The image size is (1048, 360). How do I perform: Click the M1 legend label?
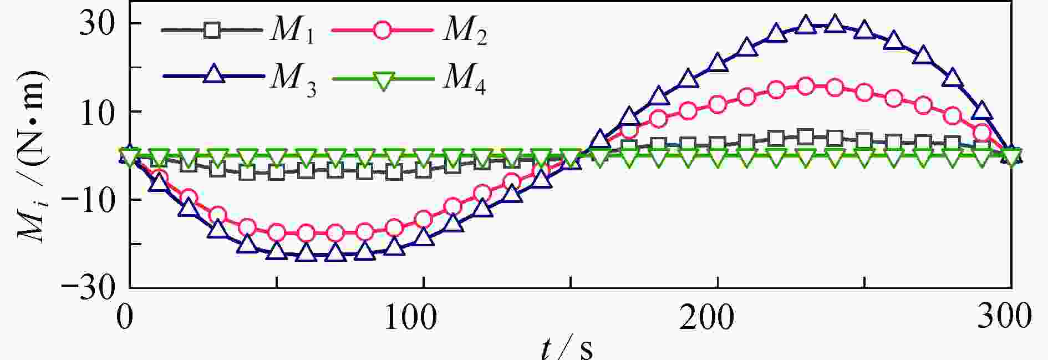click(x=292, y=31)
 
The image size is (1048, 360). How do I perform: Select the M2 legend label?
click(x=465, y=31)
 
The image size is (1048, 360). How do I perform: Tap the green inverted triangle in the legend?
click(x=383, y=81)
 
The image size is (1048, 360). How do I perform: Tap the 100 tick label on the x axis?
click(x=410, y=318)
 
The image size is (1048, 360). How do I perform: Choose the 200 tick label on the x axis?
click(x=707, y=318)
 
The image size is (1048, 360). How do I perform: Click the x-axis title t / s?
click(x=567, y=348)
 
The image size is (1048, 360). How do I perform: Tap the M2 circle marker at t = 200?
click(x=718, y=104)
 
